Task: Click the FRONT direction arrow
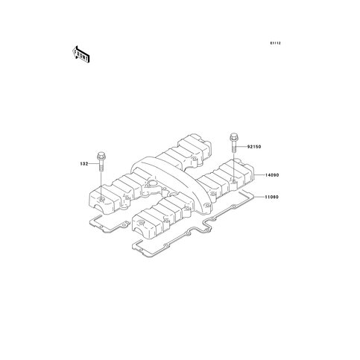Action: point(80,54)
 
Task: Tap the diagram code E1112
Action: point(276,43)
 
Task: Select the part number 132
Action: point(84,164)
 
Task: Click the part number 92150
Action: point(254,147)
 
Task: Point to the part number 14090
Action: point(272,175)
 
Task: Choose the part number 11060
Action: point(271,197)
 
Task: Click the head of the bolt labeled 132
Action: point(101,155)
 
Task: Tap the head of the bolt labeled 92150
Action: point(234,137)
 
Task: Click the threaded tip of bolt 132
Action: point(101,169)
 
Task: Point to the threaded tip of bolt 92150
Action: point(234,151)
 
